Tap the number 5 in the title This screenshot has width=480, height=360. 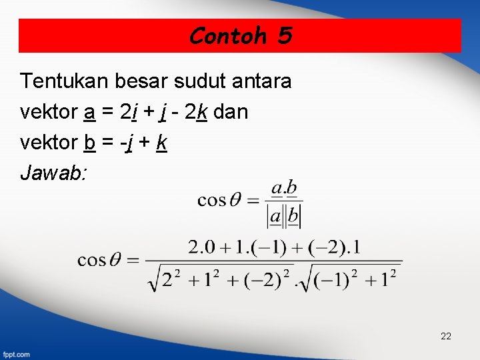pyautogui.click(x=285, y=35)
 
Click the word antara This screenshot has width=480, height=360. pyautogui.click(x=263, y=81)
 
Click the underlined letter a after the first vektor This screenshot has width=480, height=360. pyautogui.click(x=89, y=113)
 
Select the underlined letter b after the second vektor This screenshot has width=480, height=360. pyautogui.click(x=89, y=143)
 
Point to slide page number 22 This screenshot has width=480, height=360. pyautogui.click(x=446, y=336)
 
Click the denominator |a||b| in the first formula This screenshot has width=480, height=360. pyautogui.click(x=284, y=216)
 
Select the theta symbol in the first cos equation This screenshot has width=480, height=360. pyautogui.click(x=235, y=200)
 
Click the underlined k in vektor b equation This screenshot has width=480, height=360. pyautogui.click(x=161, y=143)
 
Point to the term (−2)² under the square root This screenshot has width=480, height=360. pyautogui.click(x=274, y=277)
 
